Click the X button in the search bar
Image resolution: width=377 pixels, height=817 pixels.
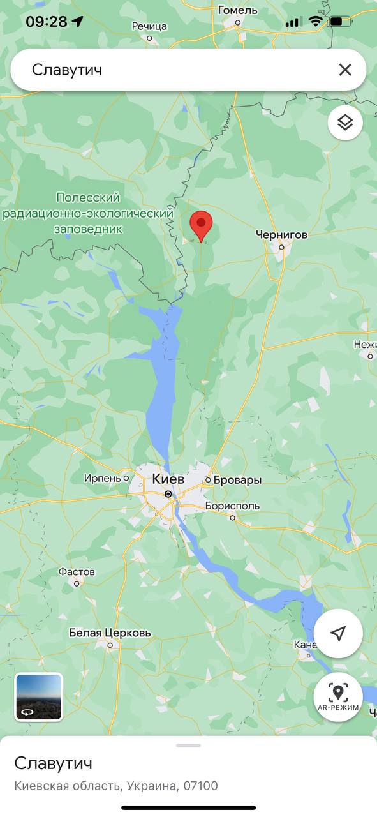345,70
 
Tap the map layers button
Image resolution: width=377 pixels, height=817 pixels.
345,123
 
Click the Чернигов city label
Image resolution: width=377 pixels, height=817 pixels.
281,235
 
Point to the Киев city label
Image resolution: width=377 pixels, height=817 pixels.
168,479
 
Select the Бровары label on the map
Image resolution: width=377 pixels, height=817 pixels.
237,480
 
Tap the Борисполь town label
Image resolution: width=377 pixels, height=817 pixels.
232,506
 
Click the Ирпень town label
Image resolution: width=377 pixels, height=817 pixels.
102,478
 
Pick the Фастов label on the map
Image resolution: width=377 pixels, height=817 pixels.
77,572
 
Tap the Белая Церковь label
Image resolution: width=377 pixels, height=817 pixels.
110,633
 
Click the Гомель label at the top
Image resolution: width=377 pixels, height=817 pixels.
237,10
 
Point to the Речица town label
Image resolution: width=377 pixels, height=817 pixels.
149,26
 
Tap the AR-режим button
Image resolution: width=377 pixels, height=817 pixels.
338,697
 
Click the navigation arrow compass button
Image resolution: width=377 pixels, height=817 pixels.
338,633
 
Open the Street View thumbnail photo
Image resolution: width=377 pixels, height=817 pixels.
39,697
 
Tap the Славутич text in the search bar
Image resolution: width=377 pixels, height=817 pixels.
67,70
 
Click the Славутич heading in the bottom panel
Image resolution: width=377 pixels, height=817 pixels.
54,763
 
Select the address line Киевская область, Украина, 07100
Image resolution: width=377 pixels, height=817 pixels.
116,786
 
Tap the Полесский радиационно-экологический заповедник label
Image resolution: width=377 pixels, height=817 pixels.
87,213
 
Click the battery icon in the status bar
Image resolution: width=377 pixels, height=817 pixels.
339,22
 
